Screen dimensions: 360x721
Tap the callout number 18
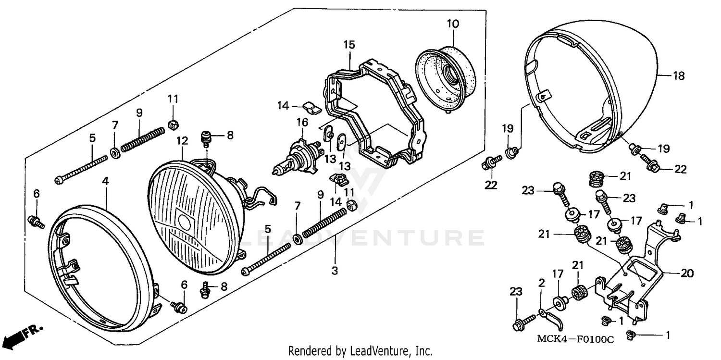click(678, 76)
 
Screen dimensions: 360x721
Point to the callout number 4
click(105, 181)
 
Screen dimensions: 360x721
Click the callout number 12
click(182, 140)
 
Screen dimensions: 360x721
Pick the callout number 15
click(349, 45)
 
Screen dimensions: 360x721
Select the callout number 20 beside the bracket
click(687, 273)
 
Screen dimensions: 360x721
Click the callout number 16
click(302, 123)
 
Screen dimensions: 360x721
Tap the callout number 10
click(453, 23)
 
